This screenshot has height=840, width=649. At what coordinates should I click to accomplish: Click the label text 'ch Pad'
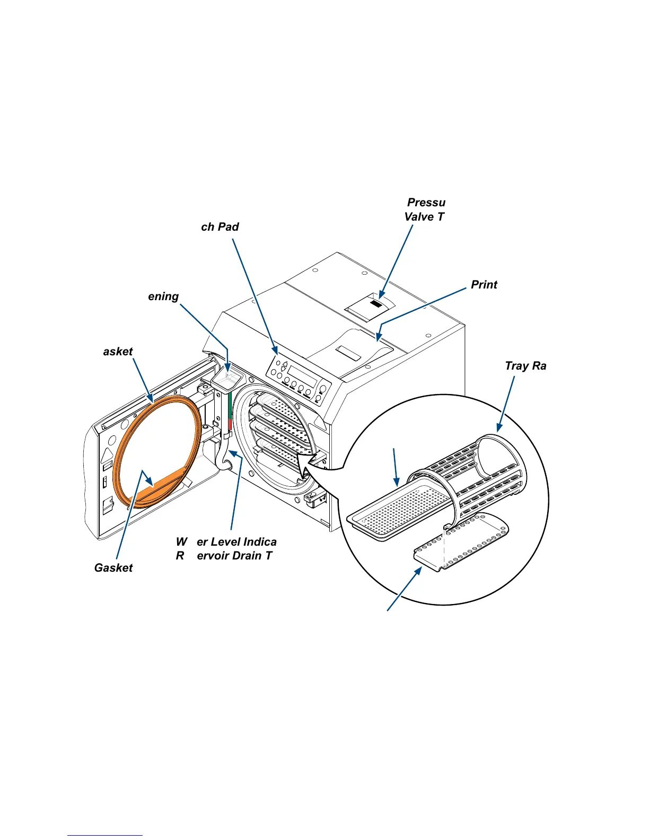pyautogui.click(x=220, y=227)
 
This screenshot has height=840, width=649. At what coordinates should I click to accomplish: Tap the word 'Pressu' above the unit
pyautogui.click(x=426, y=203)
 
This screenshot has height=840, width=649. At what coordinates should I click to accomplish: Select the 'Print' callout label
pyautogui.click(x=484, y=285)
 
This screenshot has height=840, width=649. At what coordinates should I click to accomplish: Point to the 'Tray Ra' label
pyautogui.click(x=525, y=366)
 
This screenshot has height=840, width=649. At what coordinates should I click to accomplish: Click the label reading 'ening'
pyautogui.click(x=163, y=296)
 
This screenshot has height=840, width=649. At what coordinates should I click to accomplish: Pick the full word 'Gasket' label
pyautogui.click(x=113, y=568)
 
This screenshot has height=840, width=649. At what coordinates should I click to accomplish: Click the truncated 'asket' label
pyautogui.click(x=118, y=352)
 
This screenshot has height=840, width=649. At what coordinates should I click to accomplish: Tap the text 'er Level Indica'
pyautogui.click(x=236, y=542)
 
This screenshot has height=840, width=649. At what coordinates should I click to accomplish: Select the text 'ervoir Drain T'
pyautogui.click(x=234, y=556)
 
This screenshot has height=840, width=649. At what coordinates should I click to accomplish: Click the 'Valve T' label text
pyautogui.click(x=424, y=217)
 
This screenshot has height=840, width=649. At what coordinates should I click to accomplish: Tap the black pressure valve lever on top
pyautogui.click(x=375, y=304)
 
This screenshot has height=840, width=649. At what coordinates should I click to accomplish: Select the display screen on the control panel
pyautogui.click(x=302, y=377)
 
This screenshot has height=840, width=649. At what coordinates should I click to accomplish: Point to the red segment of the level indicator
pyautogui.click(x=230, y=425)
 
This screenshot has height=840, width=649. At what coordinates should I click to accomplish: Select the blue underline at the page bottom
pyautogui.click(x=105, y=835)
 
